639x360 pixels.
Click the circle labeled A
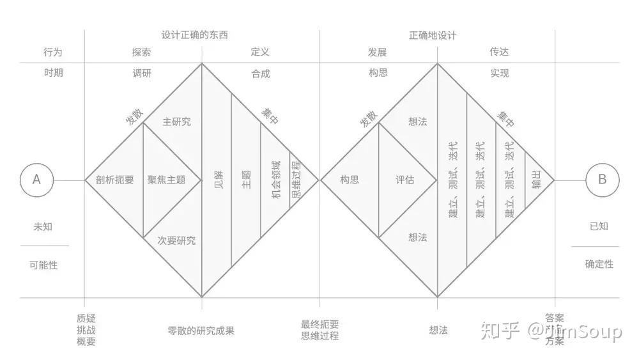36,180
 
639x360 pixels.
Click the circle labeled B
602,180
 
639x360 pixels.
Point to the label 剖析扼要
114,180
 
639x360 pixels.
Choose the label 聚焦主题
166,180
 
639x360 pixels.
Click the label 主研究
177,121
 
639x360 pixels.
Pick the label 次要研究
177,241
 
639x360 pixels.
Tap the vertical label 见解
217,180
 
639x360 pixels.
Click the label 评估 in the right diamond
405,180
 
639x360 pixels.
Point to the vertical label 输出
535,180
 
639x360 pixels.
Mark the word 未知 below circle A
43,226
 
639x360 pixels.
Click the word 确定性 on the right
599,263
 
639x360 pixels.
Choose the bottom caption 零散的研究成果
201,331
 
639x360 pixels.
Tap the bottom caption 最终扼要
320,324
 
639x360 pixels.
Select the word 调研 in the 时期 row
141,73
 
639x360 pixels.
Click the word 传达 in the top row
499,52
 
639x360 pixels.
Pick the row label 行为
53,52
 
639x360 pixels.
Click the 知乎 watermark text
497,332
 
